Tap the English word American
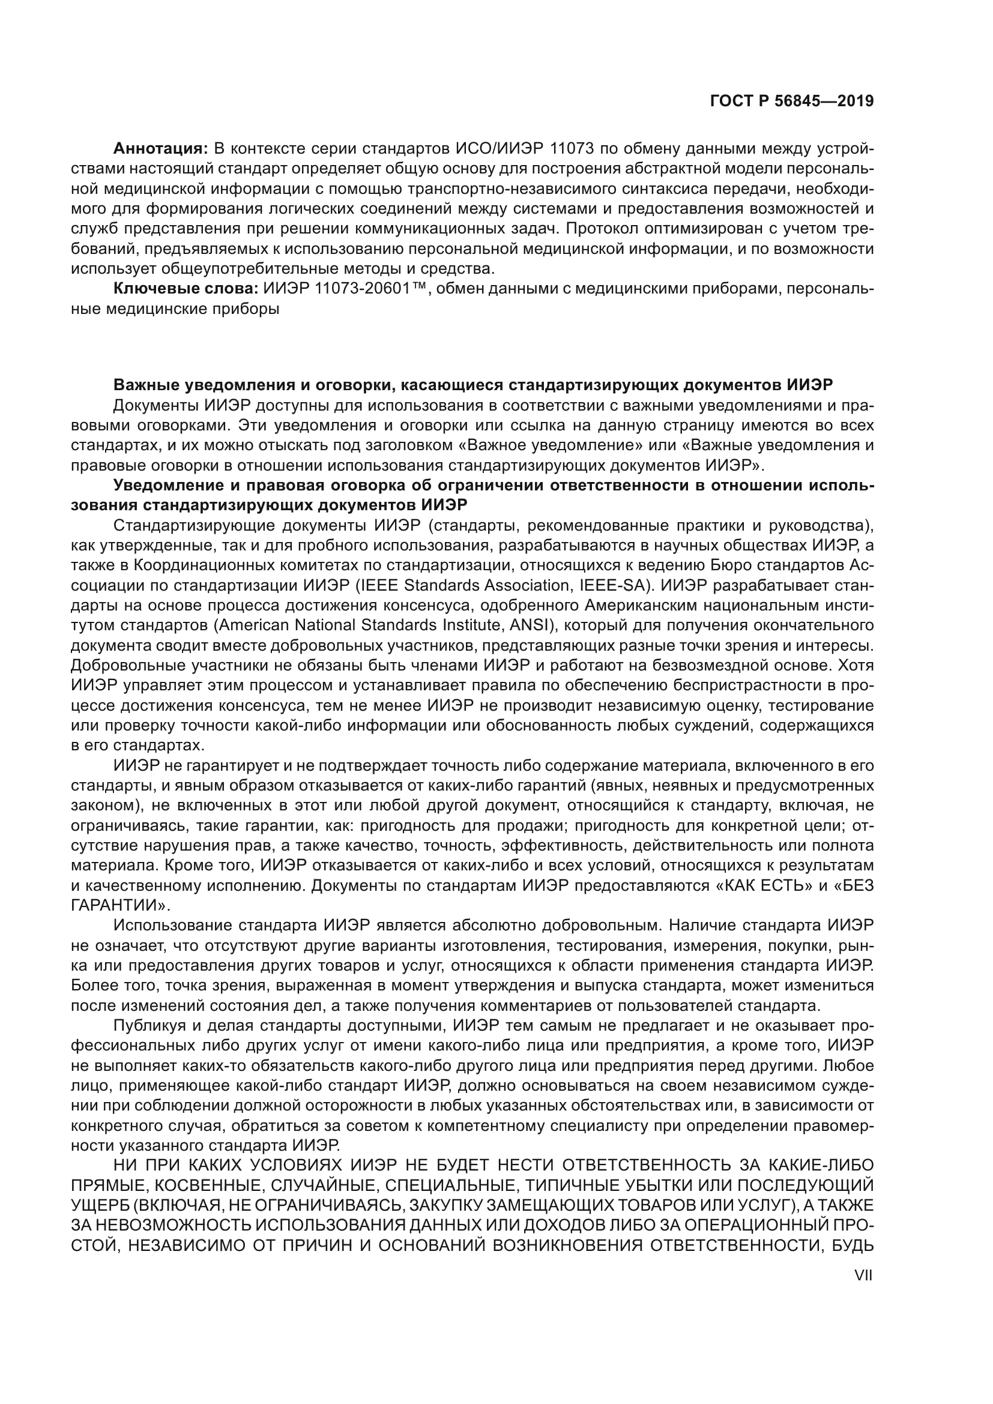(254, 625)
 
